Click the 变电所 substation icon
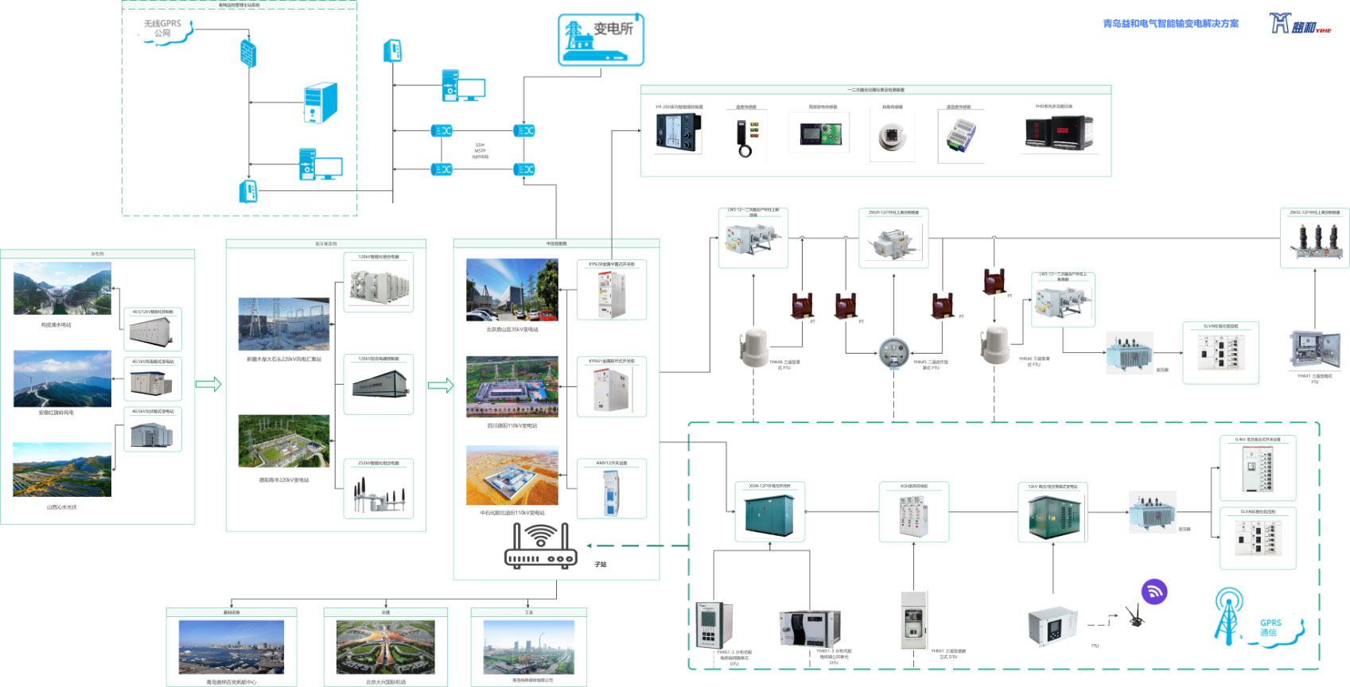601,40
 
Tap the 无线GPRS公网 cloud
163,30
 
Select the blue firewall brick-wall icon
248,54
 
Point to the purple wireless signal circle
1154,592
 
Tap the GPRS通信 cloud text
1270,628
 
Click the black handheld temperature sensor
745,137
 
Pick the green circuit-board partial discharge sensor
820,132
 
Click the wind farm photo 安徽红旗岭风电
62,379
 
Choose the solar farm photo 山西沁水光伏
62,470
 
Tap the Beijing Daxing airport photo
386,646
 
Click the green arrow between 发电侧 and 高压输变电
208,385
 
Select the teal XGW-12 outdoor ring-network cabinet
769,514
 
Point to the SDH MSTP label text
480,150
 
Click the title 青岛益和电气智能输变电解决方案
1170,24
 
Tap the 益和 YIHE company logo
1299,24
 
